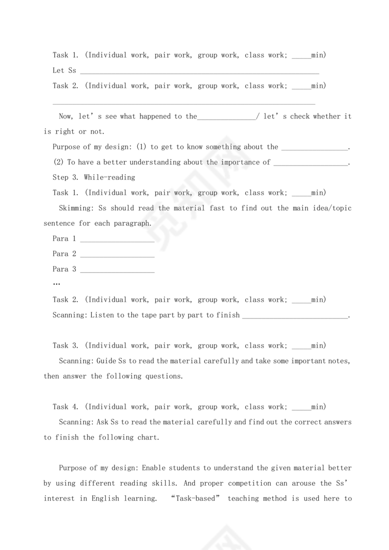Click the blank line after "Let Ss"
200,72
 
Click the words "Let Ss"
64,70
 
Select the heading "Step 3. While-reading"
94,178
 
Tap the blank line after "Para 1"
117,240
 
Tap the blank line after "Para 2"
117,255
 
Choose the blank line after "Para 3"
117,271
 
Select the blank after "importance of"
311,164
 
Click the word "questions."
164,376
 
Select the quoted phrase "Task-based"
196,498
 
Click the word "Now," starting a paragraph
67,116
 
